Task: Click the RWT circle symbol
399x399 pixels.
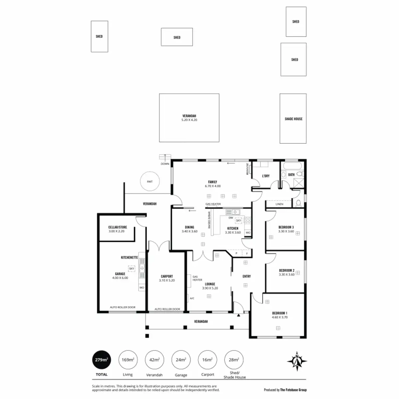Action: pos(150,182)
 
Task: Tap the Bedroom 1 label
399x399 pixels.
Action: pos(280,313)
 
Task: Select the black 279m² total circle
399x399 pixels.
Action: pos(101,360)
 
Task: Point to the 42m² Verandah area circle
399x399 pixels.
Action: pos(154,360)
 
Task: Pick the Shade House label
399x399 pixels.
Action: pos(293,119)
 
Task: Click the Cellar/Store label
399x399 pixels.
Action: pos(117,227)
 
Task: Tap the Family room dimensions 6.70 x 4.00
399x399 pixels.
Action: pos(212,186)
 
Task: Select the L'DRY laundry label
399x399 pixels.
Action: pos(266,176)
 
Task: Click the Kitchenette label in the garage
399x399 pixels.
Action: pos(129,258)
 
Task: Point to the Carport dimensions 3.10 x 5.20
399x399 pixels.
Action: pos(167,280)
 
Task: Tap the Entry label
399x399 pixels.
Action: pos(246,276)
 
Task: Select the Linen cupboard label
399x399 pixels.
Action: pos(279,204)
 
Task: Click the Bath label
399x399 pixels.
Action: pos(291,175)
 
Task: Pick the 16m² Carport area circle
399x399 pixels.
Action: pos(207,360)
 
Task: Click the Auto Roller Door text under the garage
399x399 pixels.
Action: pos(122,308)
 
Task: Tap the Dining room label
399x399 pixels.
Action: pos(190,227)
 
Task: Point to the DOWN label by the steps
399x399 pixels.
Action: pos(165,164)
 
